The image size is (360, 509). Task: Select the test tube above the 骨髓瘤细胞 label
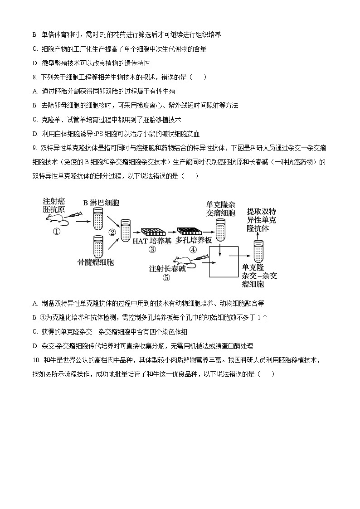tap(99, 246)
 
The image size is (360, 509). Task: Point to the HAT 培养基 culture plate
tap(152, 232)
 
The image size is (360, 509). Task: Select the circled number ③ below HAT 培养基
tap(152, 250)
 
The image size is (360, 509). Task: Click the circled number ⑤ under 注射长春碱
tap(166, 278)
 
